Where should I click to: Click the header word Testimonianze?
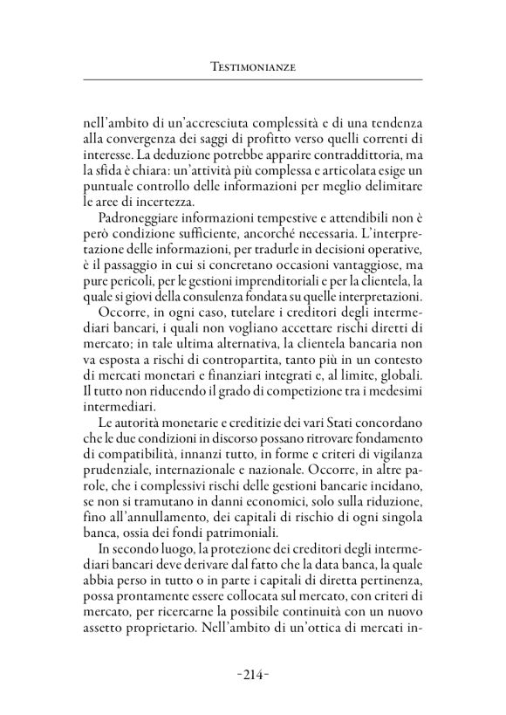click(x=252, y=65)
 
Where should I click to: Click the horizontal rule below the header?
click(x=252, y=79)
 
